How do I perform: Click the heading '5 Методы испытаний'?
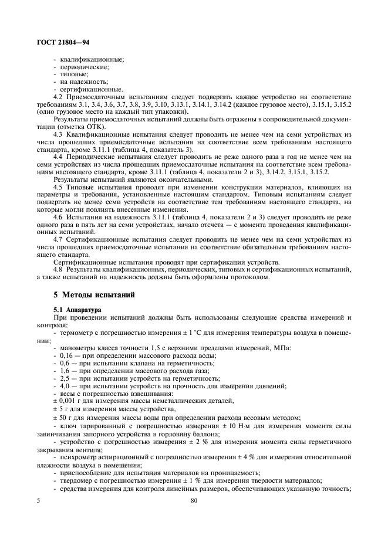(x=95, y=294)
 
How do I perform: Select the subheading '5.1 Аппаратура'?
(x=77, y=309)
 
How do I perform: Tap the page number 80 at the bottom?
(x=194, y=501)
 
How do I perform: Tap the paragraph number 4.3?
(x=58, y=134)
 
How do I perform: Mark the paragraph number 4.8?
(x=58, y=269)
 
